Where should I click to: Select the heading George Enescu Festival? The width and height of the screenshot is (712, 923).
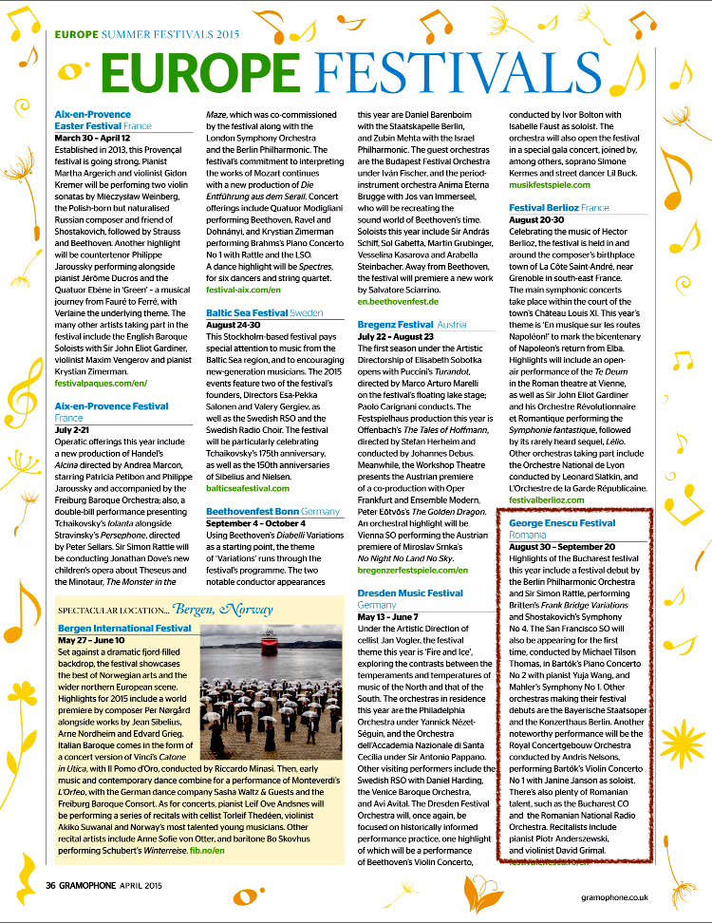point(562,523)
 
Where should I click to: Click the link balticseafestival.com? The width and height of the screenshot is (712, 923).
point(248,488)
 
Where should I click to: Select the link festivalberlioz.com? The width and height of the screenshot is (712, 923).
point(553,499)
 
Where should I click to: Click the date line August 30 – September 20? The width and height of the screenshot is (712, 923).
point(562,547)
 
